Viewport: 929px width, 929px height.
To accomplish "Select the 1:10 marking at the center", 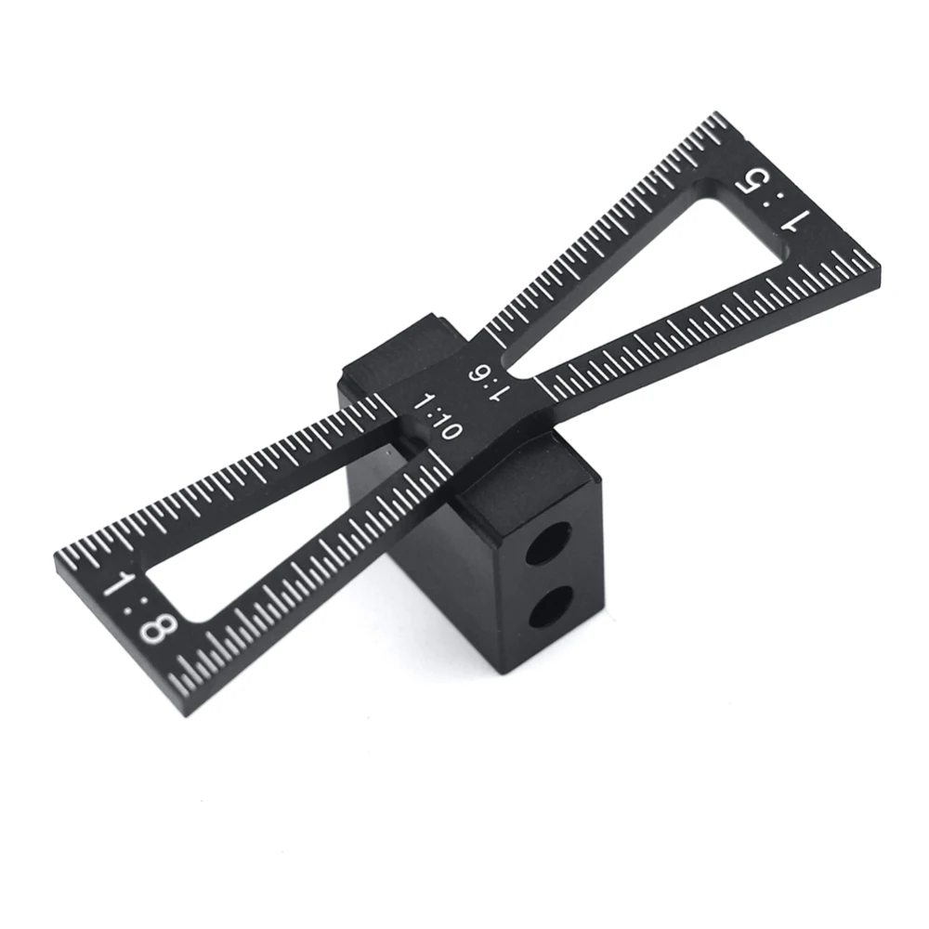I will point(438,416).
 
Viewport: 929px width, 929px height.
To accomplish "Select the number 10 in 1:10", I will point(445,426).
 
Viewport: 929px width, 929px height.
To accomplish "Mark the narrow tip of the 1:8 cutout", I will point(409,455).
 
